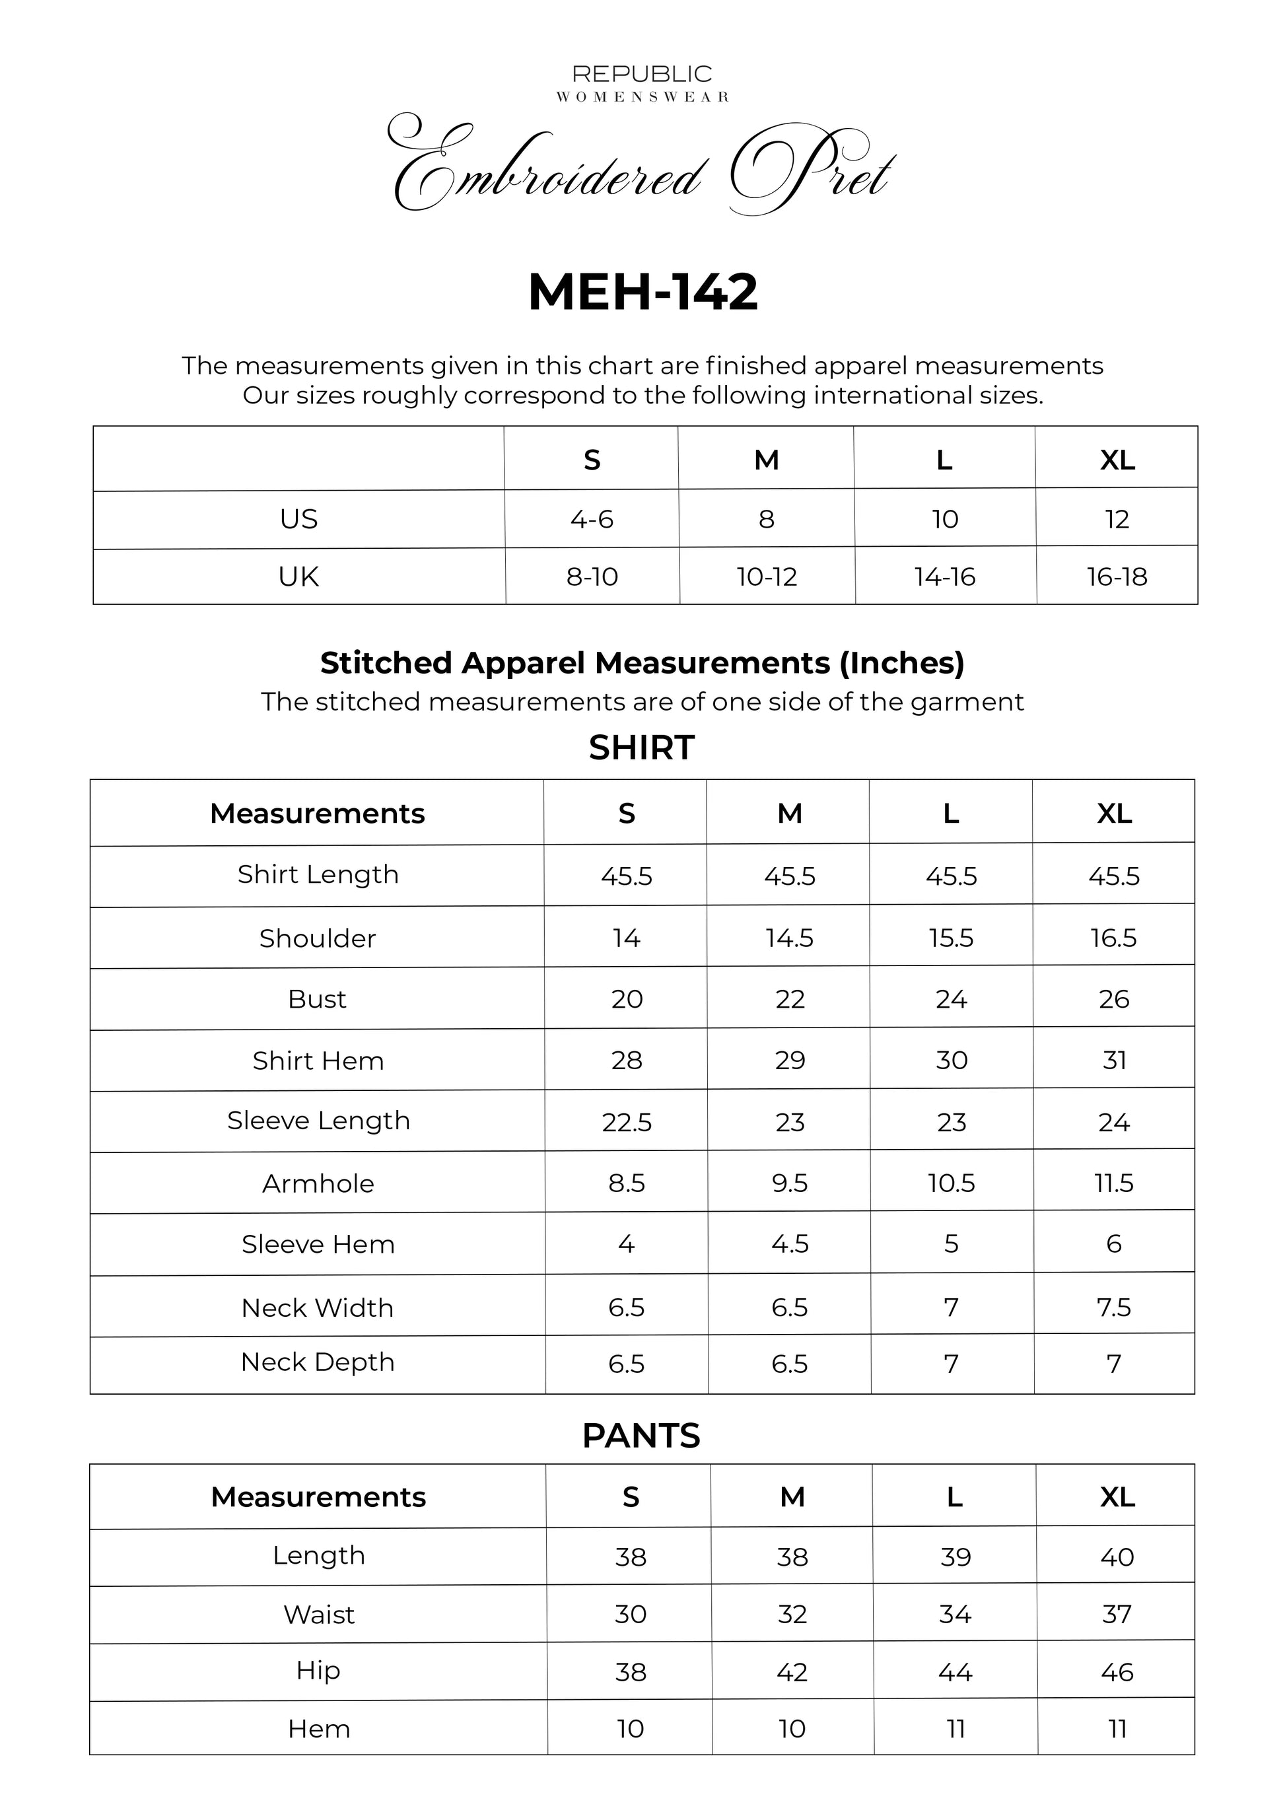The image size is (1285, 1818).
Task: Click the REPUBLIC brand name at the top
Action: [642, 75]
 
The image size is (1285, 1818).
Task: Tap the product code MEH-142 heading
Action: [642, 292]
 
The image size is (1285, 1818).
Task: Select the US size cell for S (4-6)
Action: [592, 520]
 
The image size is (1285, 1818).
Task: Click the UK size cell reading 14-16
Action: [944, 577]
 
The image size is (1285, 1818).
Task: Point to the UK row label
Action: [298, 577]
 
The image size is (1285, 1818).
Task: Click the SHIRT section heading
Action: [641, 748]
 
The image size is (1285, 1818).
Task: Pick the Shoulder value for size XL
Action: [1113, 938]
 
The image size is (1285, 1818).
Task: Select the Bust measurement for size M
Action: [789, 999]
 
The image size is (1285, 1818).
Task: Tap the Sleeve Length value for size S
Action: [626, 1122]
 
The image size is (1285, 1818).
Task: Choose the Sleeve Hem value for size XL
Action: [1113, 1244]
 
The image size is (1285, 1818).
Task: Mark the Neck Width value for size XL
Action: [1113, 1308]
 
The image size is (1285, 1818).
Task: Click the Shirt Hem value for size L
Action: [951, 1061]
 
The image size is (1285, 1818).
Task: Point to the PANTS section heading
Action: [641, 1436]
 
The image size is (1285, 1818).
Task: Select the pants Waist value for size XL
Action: [1117, 1615]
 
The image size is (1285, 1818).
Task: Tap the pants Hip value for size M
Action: [792, 1672]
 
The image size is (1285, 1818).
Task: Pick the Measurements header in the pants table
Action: [318, 1497]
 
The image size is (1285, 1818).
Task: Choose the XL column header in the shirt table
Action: [1114, 814]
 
